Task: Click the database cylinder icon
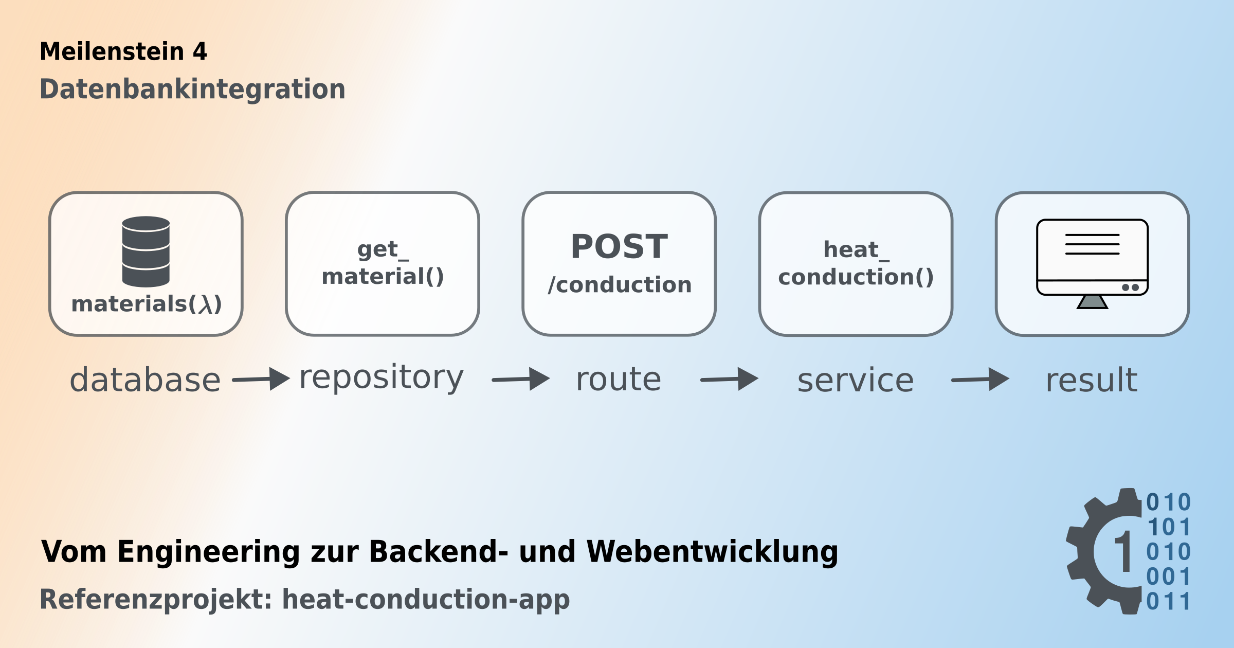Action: (146, 251)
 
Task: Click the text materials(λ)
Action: (147, 304)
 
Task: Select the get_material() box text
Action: (383, 263)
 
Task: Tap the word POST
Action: (619, 247)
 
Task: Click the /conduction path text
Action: (620, 285)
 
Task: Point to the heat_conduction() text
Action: (856, 264)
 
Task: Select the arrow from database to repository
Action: (261, 380)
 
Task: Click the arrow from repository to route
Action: (521, 380)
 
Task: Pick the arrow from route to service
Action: (729, 380)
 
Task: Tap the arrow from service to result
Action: (980, 380)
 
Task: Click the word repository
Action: (382, 378)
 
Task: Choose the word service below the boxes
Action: (856, 381)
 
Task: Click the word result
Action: (1092, 381)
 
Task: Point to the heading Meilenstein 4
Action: (123, 51)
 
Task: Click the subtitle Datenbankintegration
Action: (192, 89)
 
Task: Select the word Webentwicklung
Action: (712, 552)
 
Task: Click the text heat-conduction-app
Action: (426, 599)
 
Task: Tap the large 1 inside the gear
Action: (1123, 552)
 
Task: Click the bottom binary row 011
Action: (1168, 601)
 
